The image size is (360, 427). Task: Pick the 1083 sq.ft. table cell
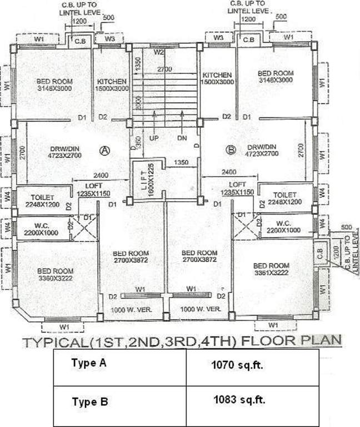(243, 399)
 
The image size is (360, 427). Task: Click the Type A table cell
(88, 364)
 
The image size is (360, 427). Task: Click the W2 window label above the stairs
(158, 52)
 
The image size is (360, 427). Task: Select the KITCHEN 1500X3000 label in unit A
(112, 85)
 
